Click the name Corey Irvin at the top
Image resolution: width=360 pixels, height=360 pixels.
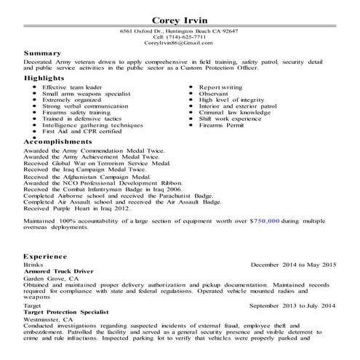180,19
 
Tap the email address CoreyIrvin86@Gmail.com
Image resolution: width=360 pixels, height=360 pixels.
179,44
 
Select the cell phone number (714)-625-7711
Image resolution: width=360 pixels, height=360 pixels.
179,37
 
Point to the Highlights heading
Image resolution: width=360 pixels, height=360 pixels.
44,79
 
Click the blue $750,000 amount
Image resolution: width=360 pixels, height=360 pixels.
264,219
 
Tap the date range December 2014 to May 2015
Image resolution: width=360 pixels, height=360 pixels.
294,264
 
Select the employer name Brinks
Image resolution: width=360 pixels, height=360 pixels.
33,264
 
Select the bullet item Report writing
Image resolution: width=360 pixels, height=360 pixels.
221,87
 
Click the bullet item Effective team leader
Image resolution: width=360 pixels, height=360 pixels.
73,87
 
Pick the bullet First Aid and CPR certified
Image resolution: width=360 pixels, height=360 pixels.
81,131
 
